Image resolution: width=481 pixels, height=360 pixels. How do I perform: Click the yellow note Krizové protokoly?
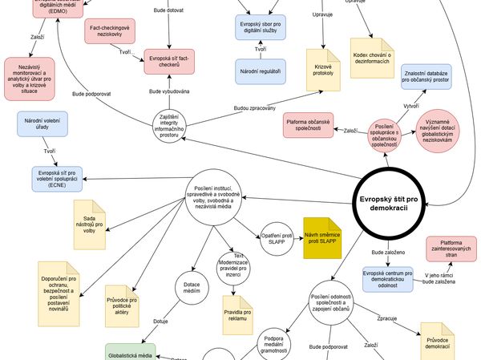tap(323, 70)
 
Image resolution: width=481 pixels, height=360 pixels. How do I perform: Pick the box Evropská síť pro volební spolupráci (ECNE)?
tap(61, 176)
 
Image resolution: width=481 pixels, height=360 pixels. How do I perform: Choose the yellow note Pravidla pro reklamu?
tap(237, 309)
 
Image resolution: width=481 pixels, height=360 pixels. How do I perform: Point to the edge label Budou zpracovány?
tap(255, 107)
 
